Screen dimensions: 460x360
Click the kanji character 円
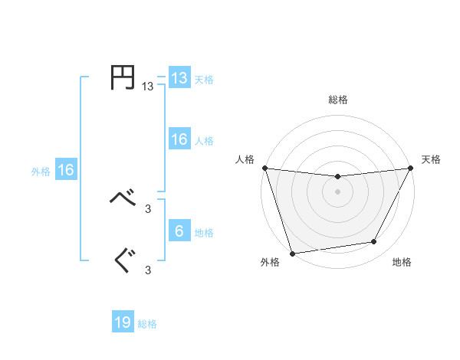click(123, 78)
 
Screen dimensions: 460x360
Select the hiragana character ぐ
click(123, 261)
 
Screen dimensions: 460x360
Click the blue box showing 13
click(179, 78)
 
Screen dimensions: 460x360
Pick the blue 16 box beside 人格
click(179, 139)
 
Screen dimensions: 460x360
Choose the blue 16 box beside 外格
click(65, 171)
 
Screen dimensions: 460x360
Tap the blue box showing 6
click(179, 231)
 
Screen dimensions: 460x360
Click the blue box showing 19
click(123, 322)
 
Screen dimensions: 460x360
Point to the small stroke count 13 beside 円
click(147, 87)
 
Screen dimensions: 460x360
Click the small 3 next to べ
click(148, 208)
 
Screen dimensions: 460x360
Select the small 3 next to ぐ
click(148, 269)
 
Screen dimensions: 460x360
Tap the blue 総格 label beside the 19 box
click(147, 324)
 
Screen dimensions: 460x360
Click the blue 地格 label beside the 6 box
click(204, 233)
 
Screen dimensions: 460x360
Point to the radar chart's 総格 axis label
click(337, 100)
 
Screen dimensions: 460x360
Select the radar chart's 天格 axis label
click(431, 159)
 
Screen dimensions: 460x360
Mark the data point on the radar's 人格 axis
click(264, 168)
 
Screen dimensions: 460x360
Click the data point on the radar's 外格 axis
click(292, 253)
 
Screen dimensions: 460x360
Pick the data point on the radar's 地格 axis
click(374, 242)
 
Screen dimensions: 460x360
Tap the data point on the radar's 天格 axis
click(410, 168)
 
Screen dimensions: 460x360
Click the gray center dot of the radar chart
click(337, 191)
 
